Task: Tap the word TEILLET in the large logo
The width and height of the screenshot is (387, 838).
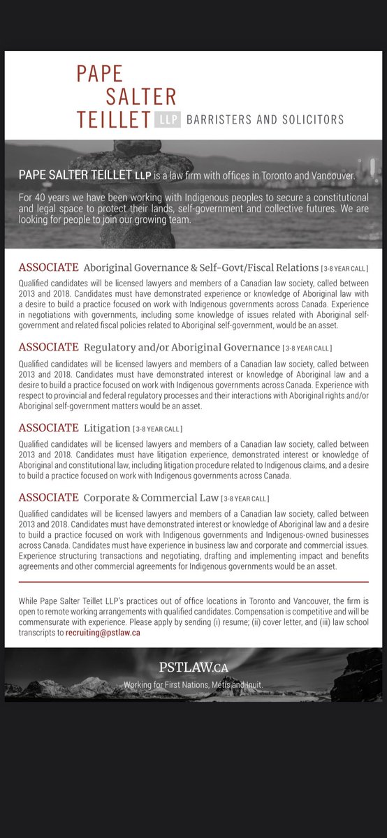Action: (x=114, y=119)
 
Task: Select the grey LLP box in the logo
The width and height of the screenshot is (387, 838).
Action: (x=168, y=120)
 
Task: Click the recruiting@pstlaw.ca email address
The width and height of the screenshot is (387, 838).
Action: (x=103, y=632)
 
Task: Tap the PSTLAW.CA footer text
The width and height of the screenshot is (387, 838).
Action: (x=193, y=668)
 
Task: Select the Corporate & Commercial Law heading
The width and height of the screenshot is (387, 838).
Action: (x=151, y=498)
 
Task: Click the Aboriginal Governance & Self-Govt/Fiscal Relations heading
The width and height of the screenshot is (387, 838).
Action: (x=200, y=268)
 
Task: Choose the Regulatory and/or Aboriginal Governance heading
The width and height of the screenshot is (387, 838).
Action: (x=182, y=347)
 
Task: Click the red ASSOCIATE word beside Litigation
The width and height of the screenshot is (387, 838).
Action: (x=48, y=427)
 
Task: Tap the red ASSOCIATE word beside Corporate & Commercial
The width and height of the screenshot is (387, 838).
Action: (x=48, y=498)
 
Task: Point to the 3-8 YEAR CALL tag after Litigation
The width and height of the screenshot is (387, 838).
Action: (x=158, y=428)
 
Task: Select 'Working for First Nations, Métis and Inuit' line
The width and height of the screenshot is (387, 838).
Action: (x=193, y=685)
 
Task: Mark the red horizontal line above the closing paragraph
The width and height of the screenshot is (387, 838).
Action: (x=193, y=582)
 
